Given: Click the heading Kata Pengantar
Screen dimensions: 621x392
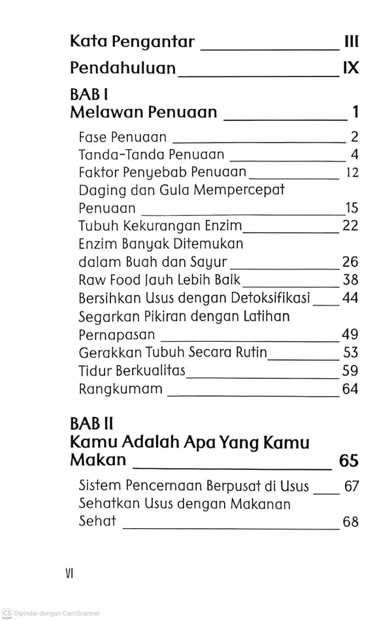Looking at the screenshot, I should click(132, 42).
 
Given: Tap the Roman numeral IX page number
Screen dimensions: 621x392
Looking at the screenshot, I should click(351, 68).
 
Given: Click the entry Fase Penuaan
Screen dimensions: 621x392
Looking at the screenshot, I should click(122, 137).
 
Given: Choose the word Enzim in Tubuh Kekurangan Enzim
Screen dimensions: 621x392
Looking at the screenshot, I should click(221, 226).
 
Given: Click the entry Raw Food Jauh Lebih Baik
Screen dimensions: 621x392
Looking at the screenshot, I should click(159, 280).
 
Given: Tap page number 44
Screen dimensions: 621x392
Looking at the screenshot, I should click(350, 298).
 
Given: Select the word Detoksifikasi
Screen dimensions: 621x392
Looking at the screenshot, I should click(270, 298).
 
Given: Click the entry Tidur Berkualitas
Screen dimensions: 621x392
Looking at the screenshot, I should click(132, 371).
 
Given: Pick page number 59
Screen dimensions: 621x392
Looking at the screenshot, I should click(350, 371).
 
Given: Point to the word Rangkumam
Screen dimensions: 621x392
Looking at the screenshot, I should click(120, 389).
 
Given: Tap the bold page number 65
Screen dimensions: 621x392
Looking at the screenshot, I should click(349, 461).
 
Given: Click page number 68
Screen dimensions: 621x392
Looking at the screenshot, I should click(351, 522).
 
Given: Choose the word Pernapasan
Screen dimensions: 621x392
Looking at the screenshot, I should click(116, 335).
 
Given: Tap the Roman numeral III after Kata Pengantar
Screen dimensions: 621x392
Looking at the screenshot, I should click(351, 42).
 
